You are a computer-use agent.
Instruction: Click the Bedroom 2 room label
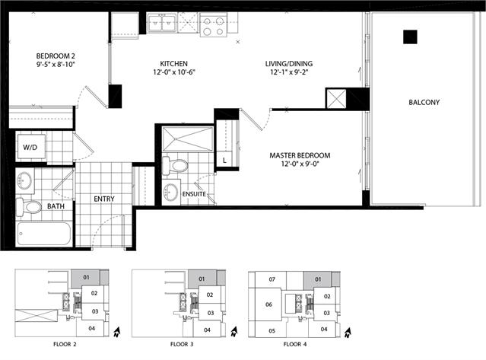[56, 56]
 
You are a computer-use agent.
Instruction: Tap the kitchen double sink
[161, 23]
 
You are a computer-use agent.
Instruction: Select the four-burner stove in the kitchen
[214, 25]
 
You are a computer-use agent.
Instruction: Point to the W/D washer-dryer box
[30, 147]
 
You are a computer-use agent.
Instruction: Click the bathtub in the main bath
[44, 234]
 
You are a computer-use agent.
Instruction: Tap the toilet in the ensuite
[175, 166]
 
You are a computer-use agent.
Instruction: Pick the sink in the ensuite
[171, 192]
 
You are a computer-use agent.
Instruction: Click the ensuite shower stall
[188, 139]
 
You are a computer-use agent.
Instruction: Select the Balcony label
[424, 102]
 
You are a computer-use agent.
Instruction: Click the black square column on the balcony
[410, 37]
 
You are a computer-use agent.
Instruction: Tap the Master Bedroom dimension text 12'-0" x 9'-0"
[300, 164]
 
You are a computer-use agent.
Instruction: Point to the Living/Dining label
[289, 64]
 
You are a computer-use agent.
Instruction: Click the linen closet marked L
[224, 161]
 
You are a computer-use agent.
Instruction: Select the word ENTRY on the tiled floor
[104, 199]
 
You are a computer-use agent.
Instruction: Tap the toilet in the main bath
[28, 207]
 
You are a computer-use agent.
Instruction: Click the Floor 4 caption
[295, 344]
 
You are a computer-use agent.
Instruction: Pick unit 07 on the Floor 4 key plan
[272, 279]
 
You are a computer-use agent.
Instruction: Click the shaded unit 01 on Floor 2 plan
[86, 277]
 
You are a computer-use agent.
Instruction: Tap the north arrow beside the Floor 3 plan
[233, 332]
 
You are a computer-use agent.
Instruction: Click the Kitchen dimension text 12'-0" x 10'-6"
[174, 72]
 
